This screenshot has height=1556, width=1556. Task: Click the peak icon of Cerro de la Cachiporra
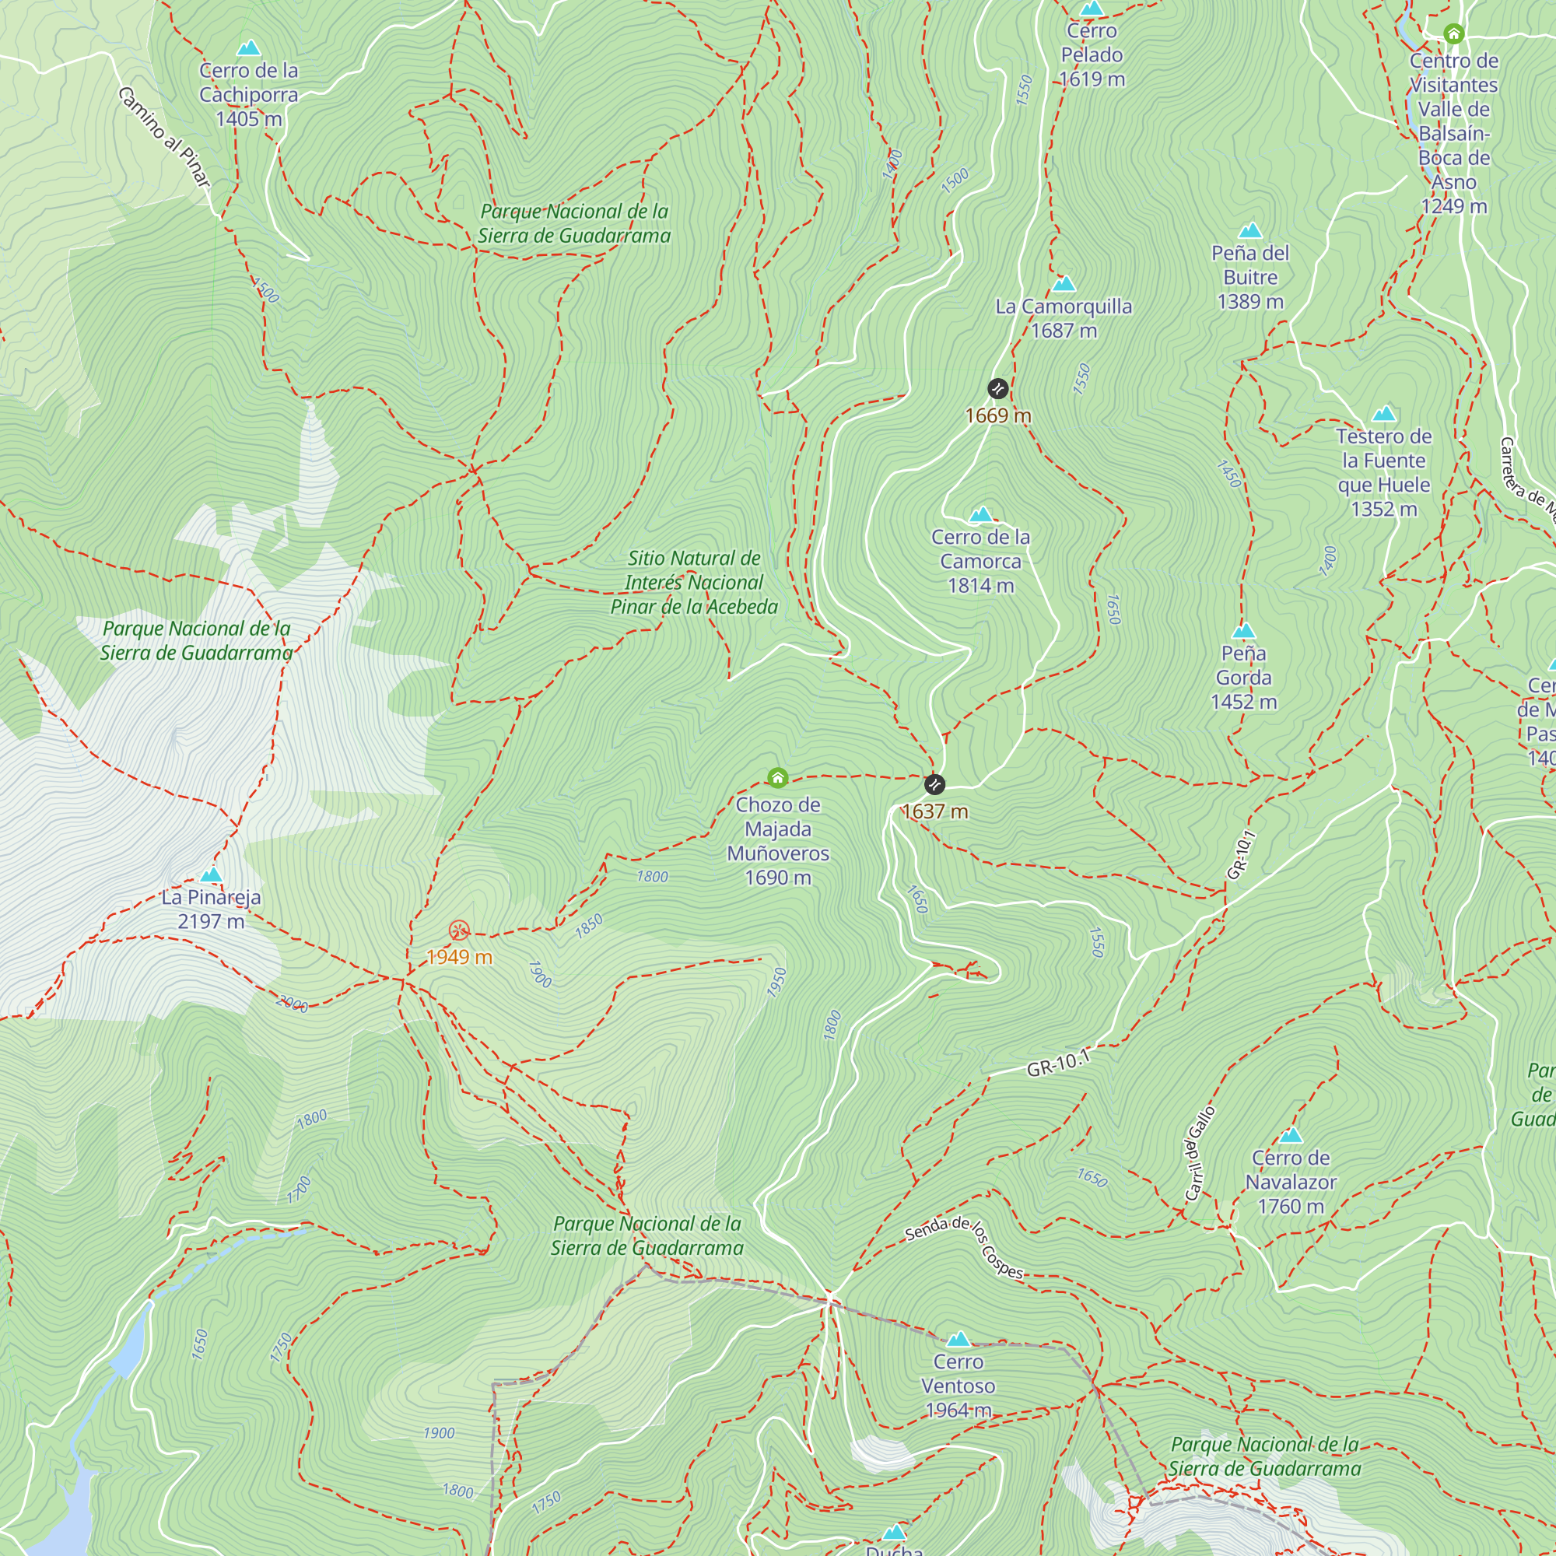coord(249,48)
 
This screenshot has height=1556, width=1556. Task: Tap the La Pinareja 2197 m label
coord(211,909)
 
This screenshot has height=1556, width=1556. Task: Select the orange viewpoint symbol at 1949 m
coord(459,931)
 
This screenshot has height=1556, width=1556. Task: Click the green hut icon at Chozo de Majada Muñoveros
coord(777,777)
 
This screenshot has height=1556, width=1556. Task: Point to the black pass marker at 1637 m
coord(934,783)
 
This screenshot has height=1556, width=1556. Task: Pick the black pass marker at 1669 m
coord(997,389)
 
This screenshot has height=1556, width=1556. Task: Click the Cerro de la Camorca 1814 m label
coord(980,562)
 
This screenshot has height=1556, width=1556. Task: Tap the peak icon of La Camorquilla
coord(1064,283)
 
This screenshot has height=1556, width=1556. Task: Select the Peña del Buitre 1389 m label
coord(1250,277)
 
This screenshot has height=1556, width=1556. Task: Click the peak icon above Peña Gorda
coord(1243,631)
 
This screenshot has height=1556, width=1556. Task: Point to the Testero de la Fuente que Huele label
coord(1383,472)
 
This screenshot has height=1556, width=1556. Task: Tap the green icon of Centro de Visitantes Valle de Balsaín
coord(1453,33)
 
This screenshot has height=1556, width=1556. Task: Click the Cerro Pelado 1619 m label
coord(1092,54)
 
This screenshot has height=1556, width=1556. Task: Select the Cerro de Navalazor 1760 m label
coord(1290,1182)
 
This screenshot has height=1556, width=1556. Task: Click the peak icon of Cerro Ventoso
coord(958,1340)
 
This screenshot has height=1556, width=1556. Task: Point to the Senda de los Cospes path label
coord(964,1248)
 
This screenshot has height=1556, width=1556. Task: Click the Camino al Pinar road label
coord(163,137)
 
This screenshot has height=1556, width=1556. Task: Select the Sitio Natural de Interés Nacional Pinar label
coord(693,582)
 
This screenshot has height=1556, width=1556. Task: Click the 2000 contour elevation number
coord(292,1004)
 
